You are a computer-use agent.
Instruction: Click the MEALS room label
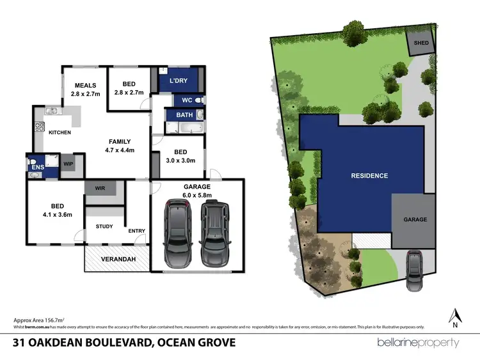pyautogui.click(x=85, y=85)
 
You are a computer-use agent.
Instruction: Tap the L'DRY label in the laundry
pyautogui.click(x=179, y=81)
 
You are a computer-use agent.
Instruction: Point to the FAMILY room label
pyautogui.click(x=120, y=142)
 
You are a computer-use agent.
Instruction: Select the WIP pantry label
pyautogui.click(x=68, y=164)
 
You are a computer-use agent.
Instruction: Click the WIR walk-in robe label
pyautogui.click(x=99, y=189)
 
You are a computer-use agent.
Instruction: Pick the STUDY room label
pyautogui.click(x=104, y=226)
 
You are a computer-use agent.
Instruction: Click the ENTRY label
pyautogui.click(x=136, y=231)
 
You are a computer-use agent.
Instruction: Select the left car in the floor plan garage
pyautogui.click(x=177, y=233)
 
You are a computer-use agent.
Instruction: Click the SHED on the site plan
pyautogui.click(x=422, y=43)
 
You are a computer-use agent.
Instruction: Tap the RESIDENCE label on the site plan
pyautogui.click(x=368, y=175)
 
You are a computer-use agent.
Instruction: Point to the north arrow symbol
pyautogui.click(x=455, y=317)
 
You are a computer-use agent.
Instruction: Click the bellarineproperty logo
pyautogui.click(x=419, y=342)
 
